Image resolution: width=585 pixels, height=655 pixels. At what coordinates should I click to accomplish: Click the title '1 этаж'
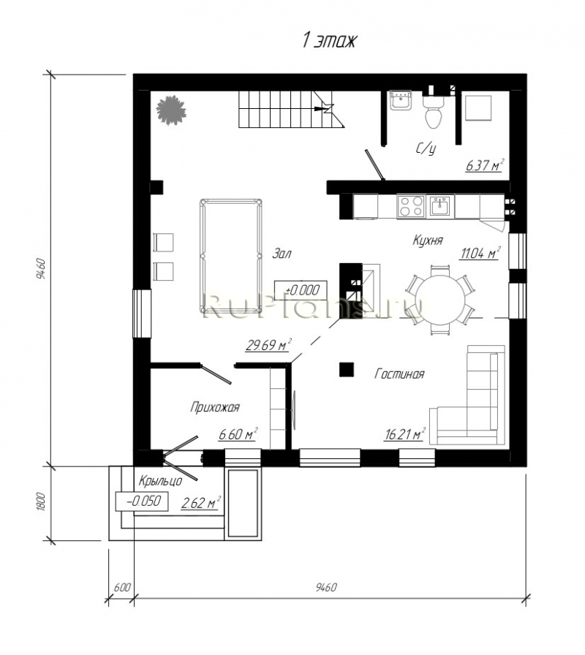pyautogui.click(x=329, y=41)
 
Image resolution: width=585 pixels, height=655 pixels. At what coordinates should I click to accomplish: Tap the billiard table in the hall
pyautogui.click(x=231, y=256)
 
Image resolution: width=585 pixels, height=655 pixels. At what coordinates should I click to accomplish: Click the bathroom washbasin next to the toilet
pyautogui.click(x=401, y=100)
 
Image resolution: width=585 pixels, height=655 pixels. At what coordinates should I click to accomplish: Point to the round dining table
pyautogui.click(x=440, y=299)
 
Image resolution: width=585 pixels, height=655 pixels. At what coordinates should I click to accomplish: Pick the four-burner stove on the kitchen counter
pyautogui.click(x=411, y=206)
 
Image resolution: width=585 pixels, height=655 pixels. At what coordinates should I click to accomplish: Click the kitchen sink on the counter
pyautogui.click(x=440, y=206)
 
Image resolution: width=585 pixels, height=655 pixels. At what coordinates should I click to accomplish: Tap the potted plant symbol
pyautogui.click(x=171, y=110)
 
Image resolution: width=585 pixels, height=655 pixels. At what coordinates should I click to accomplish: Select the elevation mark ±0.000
pyautogui.click(x=301, y=290)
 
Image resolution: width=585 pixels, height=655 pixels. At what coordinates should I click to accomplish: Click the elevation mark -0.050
pyautogui.click(x=142, y=501)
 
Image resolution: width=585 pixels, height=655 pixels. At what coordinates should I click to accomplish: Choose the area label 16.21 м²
pyautogui.click(x=404, y=434)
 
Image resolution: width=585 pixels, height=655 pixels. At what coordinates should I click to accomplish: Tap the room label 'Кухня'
pyautogui.click(x=428, y=241)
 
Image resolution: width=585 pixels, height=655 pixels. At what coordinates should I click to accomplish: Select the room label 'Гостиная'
pyautogui.click(x=399, y=374)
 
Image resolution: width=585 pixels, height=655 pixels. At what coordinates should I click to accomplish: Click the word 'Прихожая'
pyautogui.click(x=215, y=407)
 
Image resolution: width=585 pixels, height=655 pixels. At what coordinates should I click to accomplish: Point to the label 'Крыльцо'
pyautogui.click(x=160, y=481)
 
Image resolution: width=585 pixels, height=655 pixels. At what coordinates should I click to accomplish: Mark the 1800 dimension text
pyautogui.click(x=40, y=501)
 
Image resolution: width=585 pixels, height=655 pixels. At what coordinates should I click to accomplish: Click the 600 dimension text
pyautogui.click(x=122, y=587)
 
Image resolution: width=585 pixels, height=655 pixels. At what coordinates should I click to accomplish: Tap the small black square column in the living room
pyautogui.click(x=347, y=369)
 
